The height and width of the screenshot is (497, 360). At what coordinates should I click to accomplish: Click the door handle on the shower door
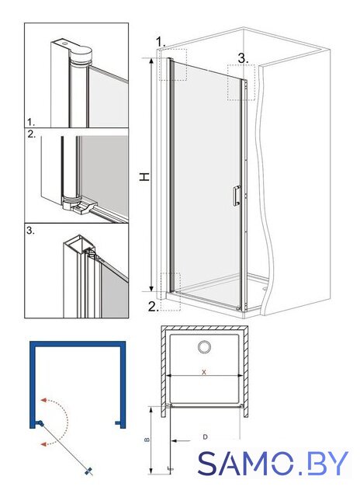(x=237, y=196)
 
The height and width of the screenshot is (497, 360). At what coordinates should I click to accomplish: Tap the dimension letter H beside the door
(x=144, y=177)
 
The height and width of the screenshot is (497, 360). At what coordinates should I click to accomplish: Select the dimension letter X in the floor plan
(x=204, y=372)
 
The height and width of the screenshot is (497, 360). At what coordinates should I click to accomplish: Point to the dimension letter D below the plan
(x=205, y=437)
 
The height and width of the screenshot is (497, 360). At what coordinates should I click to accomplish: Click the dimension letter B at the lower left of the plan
(x=147, y=440)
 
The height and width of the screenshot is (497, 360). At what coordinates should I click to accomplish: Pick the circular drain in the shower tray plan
(x=205, y=347)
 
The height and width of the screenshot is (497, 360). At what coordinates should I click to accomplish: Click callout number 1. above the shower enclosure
(x=161, y=41)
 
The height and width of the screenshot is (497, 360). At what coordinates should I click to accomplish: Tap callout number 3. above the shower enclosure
(x=243, y=58)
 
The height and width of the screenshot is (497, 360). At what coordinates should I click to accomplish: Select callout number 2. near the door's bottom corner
(x=154, y=307)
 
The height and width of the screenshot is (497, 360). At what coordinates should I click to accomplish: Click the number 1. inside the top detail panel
(x=31, y=122)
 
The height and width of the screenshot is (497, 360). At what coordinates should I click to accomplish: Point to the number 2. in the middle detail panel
(x=31, y=134)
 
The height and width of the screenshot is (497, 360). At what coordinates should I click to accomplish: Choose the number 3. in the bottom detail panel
(x=30, y=231)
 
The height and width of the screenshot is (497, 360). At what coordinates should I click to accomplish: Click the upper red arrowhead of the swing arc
(x=44, y=400)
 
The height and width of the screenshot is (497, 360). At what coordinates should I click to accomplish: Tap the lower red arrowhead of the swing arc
(x=44, y=443)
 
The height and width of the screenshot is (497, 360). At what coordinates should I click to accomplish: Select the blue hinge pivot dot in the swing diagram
(x=40, y=422)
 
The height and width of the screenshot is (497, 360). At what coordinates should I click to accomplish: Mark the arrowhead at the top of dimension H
(x=151, y=61)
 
